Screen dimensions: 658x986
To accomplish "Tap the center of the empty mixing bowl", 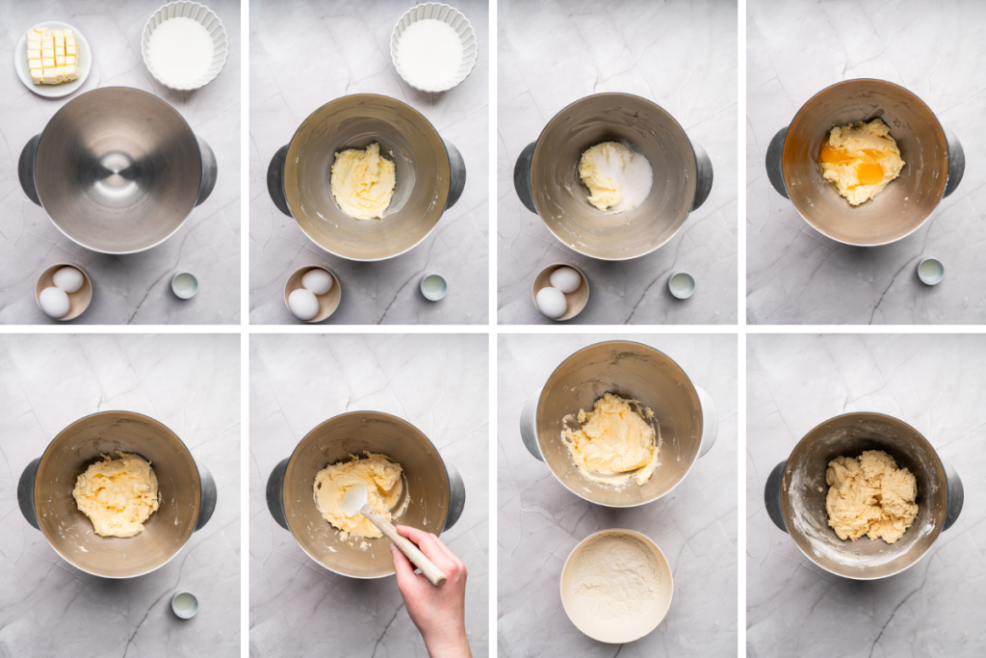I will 117,170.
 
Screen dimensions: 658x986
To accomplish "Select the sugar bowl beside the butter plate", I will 184,45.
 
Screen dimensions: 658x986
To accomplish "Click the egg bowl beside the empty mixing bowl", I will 64,291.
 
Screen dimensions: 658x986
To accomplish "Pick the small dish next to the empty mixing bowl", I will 184,284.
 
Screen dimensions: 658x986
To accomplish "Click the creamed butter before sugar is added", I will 362,180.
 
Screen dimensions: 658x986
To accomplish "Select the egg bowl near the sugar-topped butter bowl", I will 561,291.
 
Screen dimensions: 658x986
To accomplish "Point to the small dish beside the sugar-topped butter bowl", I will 682,284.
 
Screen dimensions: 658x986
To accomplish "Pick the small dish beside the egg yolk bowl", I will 930,271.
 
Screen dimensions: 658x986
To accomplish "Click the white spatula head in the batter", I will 354,499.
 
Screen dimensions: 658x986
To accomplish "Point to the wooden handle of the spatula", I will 404,544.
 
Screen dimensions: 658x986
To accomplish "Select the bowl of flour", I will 616,585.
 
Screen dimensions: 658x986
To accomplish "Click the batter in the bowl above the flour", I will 610,438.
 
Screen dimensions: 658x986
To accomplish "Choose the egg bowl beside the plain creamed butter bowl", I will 312,293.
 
